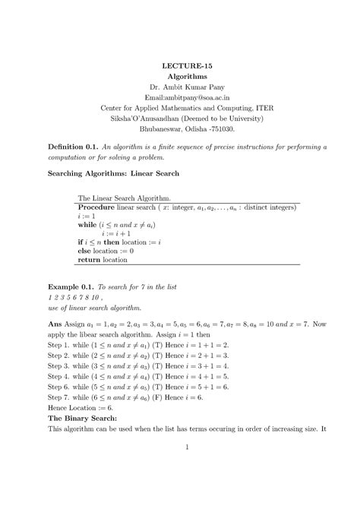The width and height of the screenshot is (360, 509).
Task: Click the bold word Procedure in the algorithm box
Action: [x=103, y=207]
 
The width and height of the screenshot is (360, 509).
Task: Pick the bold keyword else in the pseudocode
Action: [x=85, y=250]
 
